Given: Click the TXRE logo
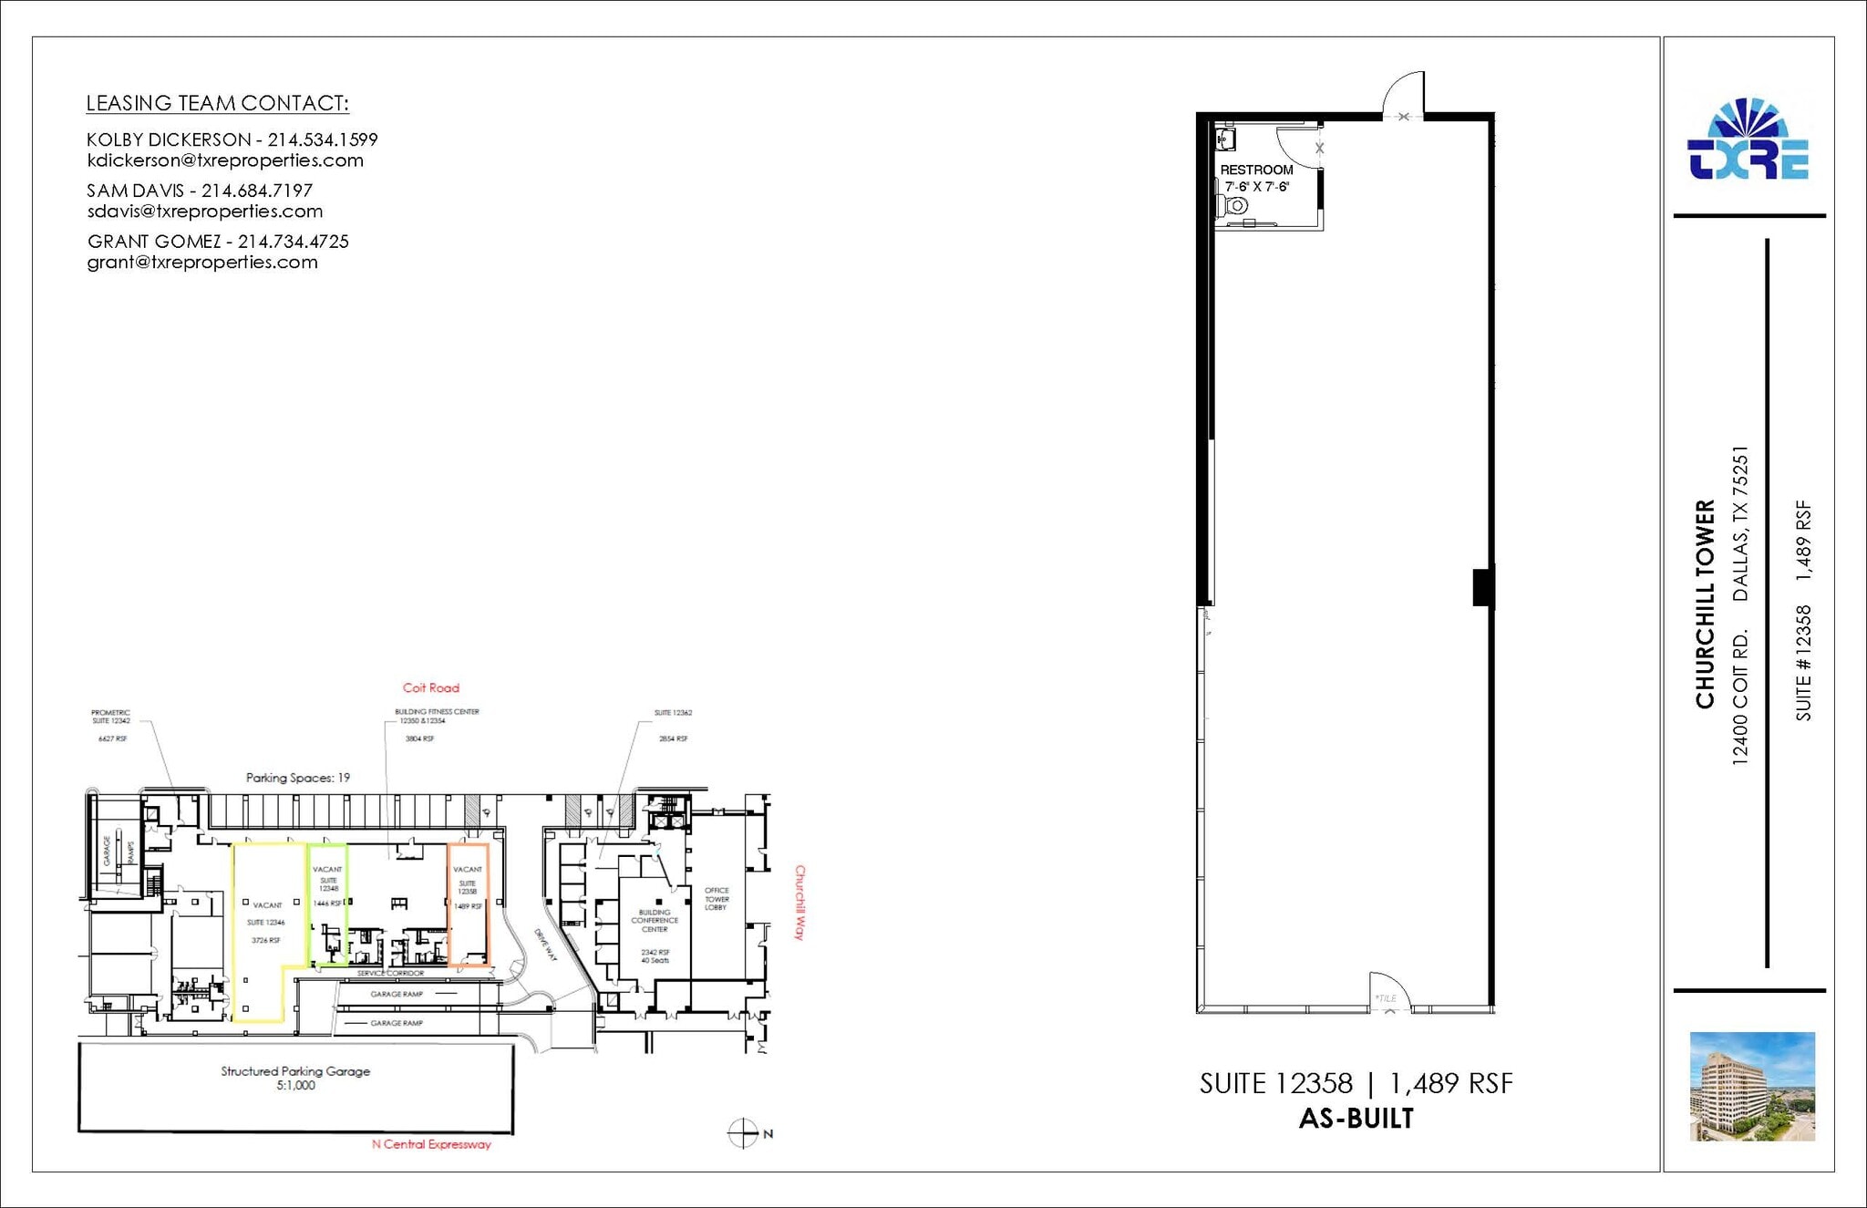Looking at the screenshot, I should tap(1748, 141).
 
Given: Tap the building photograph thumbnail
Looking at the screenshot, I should tap(1752, 1086).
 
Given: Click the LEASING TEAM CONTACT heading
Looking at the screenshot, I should tap(217, 104).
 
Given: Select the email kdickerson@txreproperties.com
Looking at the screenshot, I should tap(225, 160).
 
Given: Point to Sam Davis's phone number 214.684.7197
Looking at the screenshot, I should tap(257, 191).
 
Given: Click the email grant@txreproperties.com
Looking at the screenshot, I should tap(202, 263).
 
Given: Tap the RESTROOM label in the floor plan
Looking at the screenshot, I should tap(1256, 170).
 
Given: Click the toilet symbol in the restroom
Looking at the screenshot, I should tap(1233, 206).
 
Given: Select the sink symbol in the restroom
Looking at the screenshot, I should tap(1225, 139).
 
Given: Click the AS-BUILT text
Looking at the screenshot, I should tap(1356, 1119).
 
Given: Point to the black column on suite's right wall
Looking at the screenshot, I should tap(1483, 587).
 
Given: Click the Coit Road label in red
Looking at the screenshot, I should tap(431, 688).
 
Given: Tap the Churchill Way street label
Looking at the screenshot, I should tap(800, 903).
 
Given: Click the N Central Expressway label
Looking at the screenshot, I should tap(431, 1144).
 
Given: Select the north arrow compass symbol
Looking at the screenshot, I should tap(744, 1133).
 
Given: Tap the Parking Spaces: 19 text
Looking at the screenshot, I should tap(298, 778).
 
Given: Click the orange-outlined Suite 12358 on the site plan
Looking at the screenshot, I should tap(469, 904).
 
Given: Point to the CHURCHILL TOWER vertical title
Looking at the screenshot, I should tap(1705, 604).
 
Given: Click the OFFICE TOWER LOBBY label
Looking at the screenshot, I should tap(717, 899).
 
